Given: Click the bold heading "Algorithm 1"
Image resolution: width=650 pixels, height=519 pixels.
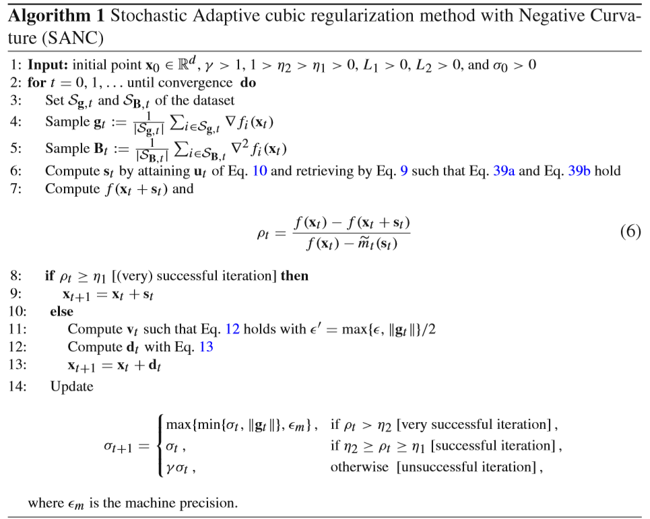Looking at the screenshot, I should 55,16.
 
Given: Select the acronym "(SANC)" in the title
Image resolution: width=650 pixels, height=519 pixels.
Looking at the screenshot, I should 73,39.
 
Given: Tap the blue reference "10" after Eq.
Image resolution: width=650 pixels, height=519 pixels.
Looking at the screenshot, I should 259,171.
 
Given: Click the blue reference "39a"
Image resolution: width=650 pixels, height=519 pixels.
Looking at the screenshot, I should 504,171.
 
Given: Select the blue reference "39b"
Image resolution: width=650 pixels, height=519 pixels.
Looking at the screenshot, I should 579,171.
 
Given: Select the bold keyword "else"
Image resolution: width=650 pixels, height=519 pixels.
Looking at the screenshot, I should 61,312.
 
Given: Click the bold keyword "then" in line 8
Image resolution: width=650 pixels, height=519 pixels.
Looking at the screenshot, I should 294,276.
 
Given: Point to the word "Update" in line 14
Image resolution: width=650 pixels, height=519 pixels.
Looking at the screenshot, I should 71,386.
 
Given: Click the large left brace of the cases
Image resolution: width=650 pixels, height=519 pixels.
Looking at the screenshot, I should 159,446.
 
